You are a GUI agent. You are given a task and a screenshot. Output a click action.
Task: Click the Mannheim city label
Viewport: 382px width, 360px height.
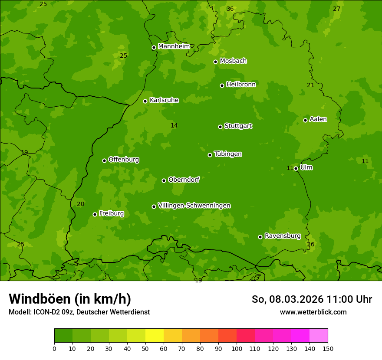[x=174, y=46]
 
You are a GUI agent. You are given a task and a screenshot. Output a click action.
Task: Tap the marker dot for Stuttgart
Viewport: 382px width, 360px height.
[x=220, y=127]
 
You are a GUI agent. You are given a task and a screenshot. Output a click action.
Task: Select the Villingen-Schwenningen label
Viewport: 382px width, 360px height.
[x=194, y=206]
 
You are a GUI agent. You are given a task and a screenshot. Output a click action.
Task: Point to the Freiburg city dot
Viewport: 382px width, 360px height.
[x=95, y=214]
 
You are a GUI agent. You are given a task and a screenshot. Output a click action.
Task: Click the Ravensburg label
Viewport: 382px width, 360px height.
[x=282, y=236]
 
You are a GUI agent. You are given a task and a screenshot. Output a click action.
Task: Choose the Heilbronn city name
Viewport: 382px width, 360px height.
[x=240, y=85]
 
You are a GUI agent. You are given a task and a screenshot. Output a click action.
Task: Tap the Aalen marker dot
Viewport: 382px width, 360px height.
[x=305, y=120]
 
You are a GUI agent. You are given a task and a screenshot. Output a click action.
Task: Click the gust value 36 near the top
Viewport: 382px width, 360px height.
[x=230, y=9]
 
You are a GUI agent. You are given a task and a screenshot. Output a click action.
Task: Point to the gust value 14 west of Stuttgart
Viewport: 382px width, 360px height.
[x=174, y=126]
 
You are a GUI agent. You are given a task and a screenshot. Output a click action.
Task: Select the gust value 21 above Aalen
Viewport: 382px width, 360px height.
[x=310, y=85]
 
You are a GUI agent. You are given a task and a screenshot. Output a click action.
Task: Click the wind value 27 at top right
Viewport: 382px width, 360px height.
[x=336, y=9]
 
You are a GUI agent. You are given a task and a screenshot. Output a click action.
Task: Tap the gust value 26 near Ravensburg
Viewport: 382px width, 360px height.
[x=310, y=245]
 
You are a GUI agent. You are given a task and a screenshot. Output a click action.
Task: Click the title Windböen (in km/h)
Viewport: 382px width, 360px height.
[x=70, y=299]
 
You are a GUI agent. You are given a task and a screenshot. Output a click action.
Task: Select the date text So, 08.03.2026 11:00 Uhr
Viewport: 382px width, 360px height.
[x=312, y=299]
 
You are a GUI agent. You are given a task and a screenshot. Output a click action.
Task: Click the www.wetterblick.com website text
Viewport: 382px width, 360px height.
[x=313, y=312]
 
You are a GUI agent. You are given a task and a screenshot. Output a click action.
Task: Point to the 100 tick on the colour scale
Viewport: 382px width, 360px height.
[x=237, y=349]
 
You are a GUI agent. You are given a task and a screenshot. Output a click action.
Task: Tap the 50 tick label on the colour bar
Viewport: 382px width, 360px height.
[x=145, y=349]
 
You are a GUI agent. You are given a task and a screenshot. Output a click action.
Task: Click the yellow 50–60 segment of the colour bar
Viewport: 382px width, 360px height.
[x=155, y=336]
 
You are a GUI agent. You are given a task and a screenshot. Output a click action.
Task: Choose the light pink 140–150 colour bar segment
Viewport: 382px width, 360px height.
[x=319, y=336]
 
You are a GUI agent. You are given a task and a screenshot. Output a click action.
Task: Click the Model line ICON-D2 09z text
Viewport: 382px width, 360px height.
[x=79, y=312]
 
